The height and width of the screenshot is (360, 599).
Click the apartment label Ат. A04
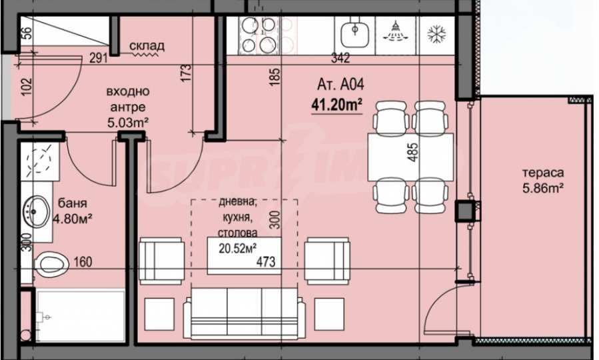[340, 85]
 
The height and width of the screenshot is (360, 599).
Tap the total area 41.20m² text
[336, 104]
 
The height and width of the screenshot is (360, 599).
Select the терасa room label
[543, 173]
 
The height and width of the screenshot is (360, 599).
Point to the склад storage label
[147, 46]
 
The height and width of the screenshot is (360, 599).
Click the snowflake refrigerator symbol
[436, 34]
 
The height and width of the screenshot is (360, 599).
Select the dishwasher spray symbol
[395, 31]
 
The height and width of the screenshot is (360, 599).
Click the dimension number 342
[340, 58]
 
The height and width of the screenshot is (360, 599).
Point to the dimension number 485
[412, 153]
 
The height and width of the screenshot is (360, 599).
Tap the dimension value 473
[265, 261]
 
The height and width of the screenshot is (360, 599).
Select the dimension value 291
[99, 58]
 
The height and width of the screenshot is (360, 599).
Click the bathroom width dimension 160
[83, 262]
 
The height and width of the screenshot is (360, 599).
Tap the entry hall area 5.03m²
[127, 123]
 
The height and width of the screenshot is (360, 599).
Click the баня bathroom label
[72, 203]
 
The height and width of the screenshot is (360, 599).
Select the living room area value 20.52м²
[237, 249]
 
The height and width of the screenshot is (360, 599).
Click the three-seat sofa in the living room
[244, 313]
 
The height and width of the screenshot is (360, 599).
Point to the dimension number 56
[27, 33]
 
